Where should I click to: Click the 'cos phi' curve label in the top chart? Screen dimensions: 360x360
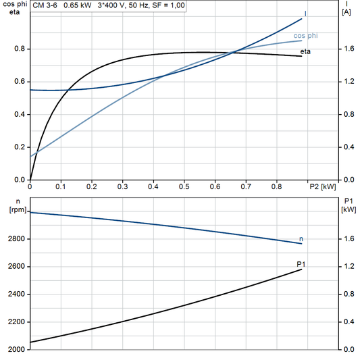coord(307,34)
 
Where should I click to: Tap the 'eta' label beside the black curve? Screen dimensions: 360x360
coord(306,51)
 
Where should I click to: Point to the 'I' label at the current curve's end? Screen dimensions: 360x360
coord(306,13)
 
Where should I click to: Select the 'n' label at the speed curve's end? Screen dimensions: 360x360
coord(301,239)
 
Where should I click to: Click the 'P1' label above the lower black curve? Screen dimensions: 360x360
coord(301,263)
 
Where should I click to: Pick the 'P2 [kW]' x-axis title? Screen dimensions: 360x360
coord(323,186)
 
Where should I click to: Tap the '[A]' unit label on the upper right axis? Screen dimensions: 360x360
coord(346,12)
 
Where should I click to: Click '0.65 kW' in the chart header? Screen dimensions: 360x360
coord(78,5)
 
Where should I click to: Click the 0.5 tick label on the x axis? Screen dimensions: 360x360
coord(184,186)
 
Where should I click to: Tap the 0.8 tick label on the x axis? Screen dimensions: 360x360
coord(276,186)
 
